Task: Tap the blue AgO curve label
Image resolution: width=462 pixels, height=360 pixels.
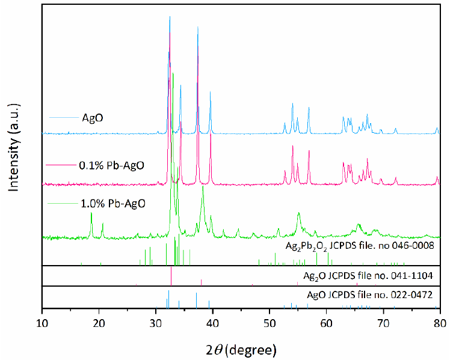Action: coord(93,117)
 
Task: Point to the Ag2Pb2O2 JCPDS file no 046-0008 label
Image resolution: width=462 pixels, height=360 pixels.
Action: coord(360,246)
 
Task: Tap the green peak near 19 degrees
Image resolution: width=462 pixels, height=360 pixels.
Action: coord(91,213)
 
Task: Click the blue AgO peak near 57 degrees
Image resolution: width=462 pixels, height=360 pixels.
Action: coord(309,108)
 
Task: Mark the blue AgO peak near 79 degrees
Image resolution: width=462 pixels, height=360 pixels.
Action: coord(437,128)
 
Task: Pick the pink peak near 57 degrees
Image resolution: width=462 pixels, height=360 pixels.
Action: coord(309,151)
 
